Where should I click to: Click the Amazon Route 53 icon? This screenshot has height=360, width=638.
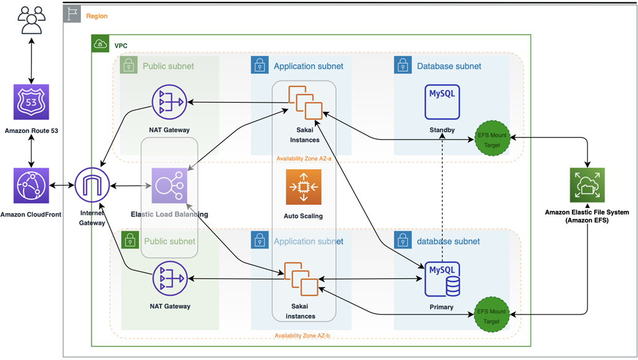tap(32, 102)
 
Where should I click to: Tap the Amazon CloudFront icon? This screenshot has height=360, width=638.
tap(32, 186)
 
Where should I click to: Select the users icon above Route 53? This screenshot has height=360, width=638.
tap(32, 20)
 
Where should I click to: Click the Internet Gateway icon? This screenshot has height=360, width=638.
tap(92, 185)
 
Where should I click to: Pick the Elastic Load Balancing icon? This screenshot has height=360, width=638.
tap(169, 186)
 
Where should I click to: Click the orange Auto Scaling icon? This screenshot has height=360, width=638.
tap(304, 187)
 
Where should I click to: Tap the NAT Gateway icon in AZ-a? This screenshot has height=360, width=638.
tap(169, 102)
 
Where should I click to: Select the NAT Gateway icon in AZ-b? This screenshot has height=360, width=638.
tap(170, 278)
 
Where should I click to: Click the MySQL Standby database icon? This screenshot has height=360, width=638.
tap(442, 102)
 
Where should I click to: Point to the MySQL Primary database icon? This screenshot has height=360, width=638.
tap(442, 279)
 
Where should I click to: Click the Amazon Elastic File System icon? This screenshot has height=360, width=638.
tap(587, 185)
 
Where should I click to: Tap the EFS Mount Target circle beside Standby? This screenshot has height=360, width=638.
tap(492, 138)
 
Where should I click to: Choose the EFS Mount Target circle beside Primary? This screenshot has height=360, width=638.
tap(492, 314)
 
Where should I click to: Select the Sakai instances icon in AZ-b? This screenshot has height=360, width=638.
tap(301, 279)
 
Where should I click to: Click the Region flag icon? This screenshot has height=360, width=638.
tap(72, 14)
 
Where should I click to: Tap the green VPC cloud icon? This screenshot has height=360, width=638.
tap(101, 43)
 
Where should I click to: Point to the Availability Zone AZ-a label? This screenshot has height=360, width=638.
tap(304, 158)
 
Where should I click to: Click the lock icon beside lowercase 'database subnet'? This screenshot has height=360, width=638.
tap(403, 240)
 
